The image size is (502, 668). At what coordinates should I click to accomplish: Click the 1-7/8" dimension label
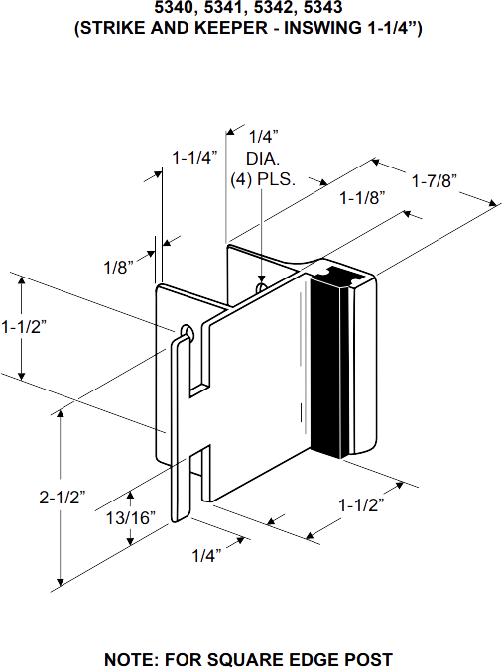tap(434, 181)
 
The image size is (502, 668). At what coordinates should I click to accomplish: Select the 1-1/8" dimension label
tap(361, 197)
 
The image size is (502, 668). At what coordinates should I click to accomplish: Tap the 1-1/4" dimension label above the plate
tap(193, 157)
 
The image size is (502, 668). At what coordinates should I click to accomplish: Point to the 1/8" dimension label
tap(118, 266)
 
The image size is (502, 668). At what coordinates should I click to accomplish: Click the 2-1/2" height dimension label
tap(62, 497)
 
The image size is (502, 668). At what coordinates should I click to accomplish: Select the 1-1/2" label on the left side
tap(24, 325)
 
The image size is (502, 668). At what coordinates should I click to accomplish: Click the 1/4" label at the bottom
tap(205, 553)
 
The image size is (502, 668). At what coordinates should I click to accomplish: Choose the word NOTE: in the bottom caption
tap(132, 658)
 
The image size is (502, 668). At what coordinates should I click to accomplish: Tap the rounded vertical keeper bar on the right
tap(355, 367)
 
